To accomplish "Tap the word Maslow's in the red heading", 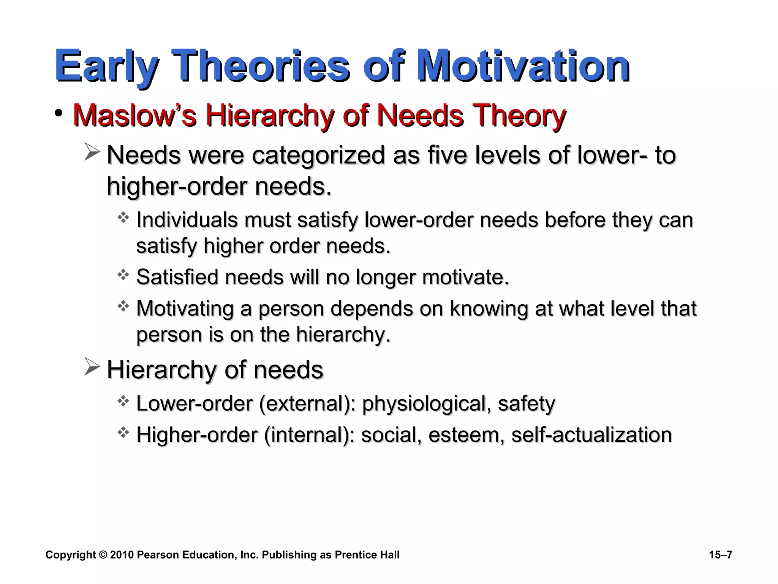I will [134, 115].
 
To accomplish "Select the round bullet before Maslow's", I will [59, 113].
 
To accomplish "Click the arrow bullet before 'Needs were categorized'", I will [92, 152].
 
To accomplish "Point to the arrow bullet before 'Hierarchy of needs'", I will [92, 367].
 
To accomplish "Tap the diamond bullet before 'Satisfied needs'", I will [123, 275].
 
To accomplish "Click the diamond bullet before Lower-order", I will [123, 401].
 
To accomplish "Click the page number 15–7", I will [721, 555].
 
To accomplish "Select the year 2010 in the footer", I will [122, 555].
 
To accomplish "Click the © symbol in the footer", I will [103, 555].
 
